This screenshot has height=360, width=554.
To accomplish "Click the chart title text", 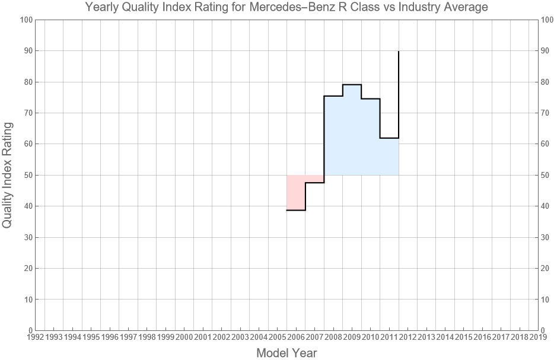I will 286,8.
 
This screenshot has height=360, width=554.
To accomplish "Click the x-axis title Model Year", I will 286,353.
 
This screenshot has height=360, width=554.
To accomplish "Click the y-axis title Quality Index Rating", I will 8,175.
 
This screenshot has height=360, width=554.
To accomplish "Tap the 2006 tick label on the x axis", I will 296,337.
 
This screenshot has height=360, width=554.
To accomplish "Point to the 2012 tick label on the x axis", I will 407,337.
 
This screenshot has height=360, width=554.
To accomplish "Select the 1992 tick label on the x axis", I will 35,337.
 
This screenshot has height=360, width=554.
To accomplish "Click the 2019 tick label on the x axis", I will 538,337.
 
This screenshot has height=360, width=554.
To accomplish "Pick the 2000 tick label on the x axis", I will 184,337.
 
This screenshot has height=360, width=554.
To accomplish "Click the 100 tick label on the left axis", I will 26,20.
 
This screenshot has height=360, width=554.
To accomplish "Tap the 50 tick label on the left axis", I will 27,175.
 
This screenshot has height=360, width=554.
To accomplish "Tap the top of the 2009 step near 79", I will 352,85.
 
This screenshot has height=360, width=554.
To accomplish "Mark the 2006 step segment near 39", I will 296,210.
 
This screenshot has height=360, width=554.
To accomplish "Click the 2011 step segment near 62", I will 389,138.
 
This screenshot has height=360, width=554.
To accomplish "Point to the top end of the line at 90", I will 399,52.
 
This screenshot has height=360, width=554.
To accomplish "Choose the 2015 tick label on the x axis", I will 463,337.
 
